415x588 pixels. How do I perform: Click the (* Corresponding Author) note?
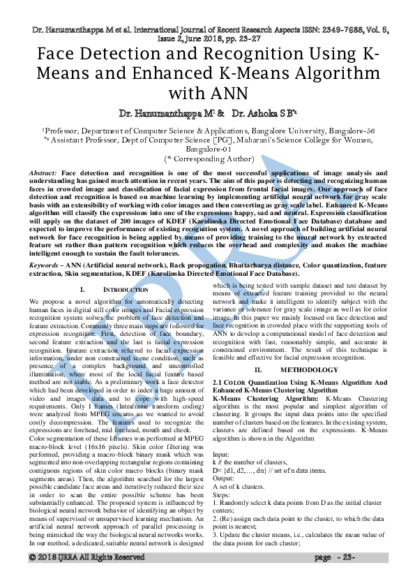pos(207,159)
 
